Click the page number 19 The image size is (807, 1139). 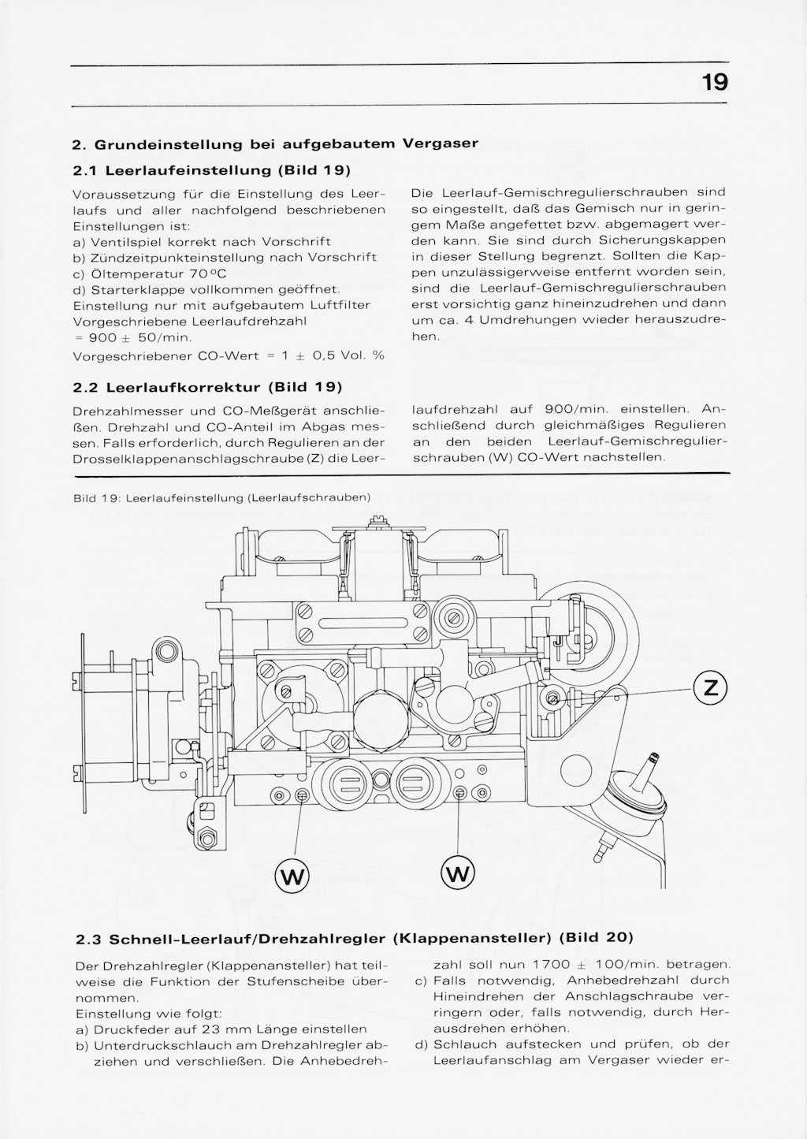(x=715, y=82)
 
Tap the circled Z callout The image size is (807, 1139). (x=710, y=688)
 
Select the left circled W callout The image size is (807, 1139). (x=292, y=874)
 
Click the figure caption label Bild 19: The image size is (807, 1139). (x=96, y=498)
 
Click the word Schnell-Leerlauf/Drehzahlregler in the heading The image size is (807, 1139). (x=249, y=939)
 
